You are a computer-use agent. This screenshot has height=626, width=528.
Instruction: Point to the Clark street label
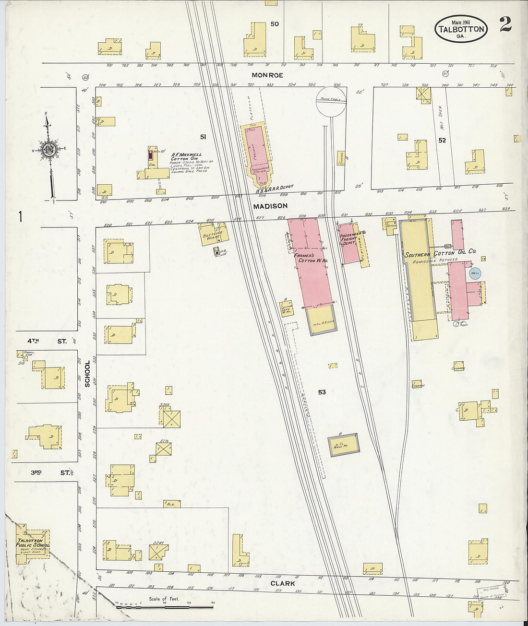pyautogui.click(x=282, y=584)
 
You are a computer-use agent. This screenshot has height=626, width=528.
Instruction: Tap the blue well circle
pyautogui.click(x=475, y=273)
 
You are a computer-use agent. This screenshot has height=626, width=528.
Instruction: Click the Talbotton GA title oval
pyautogui.click(x=461, y=29)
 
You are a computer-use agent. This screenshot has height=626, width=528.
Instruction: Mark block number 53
pyautogui.click(x=322, y=392)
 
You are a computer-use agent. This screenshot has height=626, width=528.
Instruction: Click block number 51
pyautogui.click(x=203, y=137)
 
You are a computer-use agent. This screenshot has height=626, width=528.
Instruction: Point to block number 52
pyautogui.click(x=442, y=140)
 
